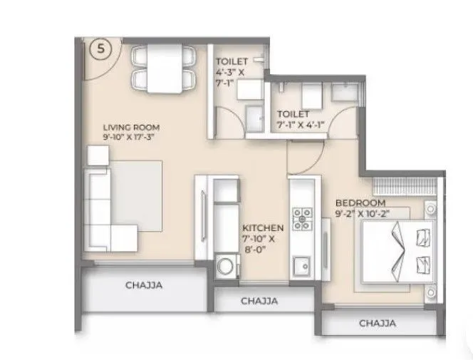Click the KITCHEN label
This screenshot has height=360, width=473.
(263, 228)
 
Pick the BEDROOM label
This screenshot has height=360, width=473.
(361, 203)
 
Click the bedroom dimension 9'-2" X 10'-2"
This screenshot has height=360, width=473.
(363, 212)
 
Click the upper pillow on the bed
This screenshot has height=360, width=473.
(422, 235)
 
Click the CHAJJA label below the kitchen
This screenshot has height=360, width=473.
(259, 301)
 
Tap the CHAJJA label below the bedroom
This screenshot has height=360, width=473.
(377, 324)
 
